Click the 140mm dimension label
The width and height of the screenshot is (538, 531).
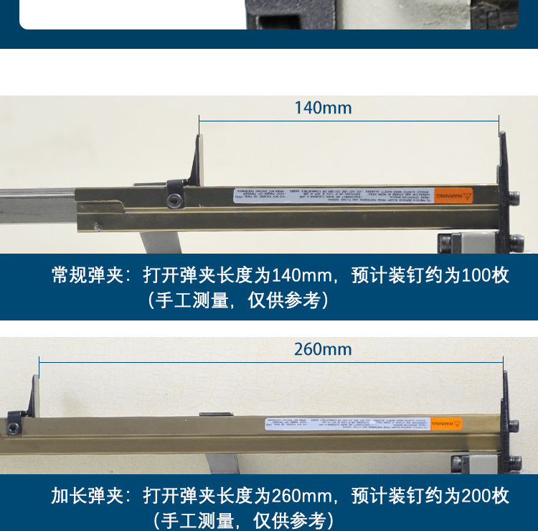pos(323,108)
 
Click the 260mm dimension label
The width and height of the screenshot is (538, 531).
pos(323,349)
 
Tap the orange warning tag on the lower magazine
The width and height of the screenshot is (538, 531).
pos(446,425)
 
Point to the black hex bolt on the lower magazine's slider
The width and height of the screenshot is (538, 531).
pos(15,428)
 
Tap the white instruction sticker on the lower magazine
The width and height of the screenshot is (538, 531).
pos(347,425)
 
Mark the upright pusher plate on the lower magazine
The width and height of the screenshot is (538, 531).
pos(34,394)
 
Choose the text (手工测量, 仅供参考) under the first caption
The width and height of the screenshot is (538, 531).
pos(239,300)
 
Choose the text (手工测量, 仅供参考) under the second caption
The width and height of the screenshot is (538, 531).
pos(239,520)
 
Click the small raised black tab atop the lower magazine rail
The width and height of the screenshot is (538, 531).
pos(215,415)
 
